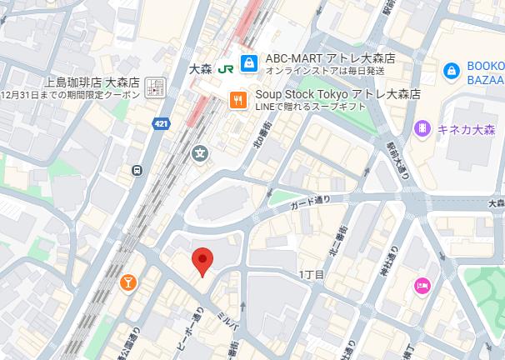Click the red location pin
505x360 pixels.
point(202,261)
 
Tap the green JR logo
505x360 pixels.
point(224,69)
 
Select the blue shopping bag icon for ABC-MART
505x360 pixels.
point(248,63)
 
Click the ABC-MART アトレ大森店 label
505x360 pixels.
point(329,58)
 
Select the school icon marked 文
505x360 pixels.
point(201,152)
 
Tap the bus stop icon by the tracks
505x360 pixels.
point(137,170)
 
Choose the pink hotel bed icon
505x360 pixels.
point(422,287)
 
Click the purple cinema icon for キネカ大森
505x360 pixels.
point(422,127)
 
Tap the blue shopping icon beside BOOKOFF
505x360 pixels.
point(452,70)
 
